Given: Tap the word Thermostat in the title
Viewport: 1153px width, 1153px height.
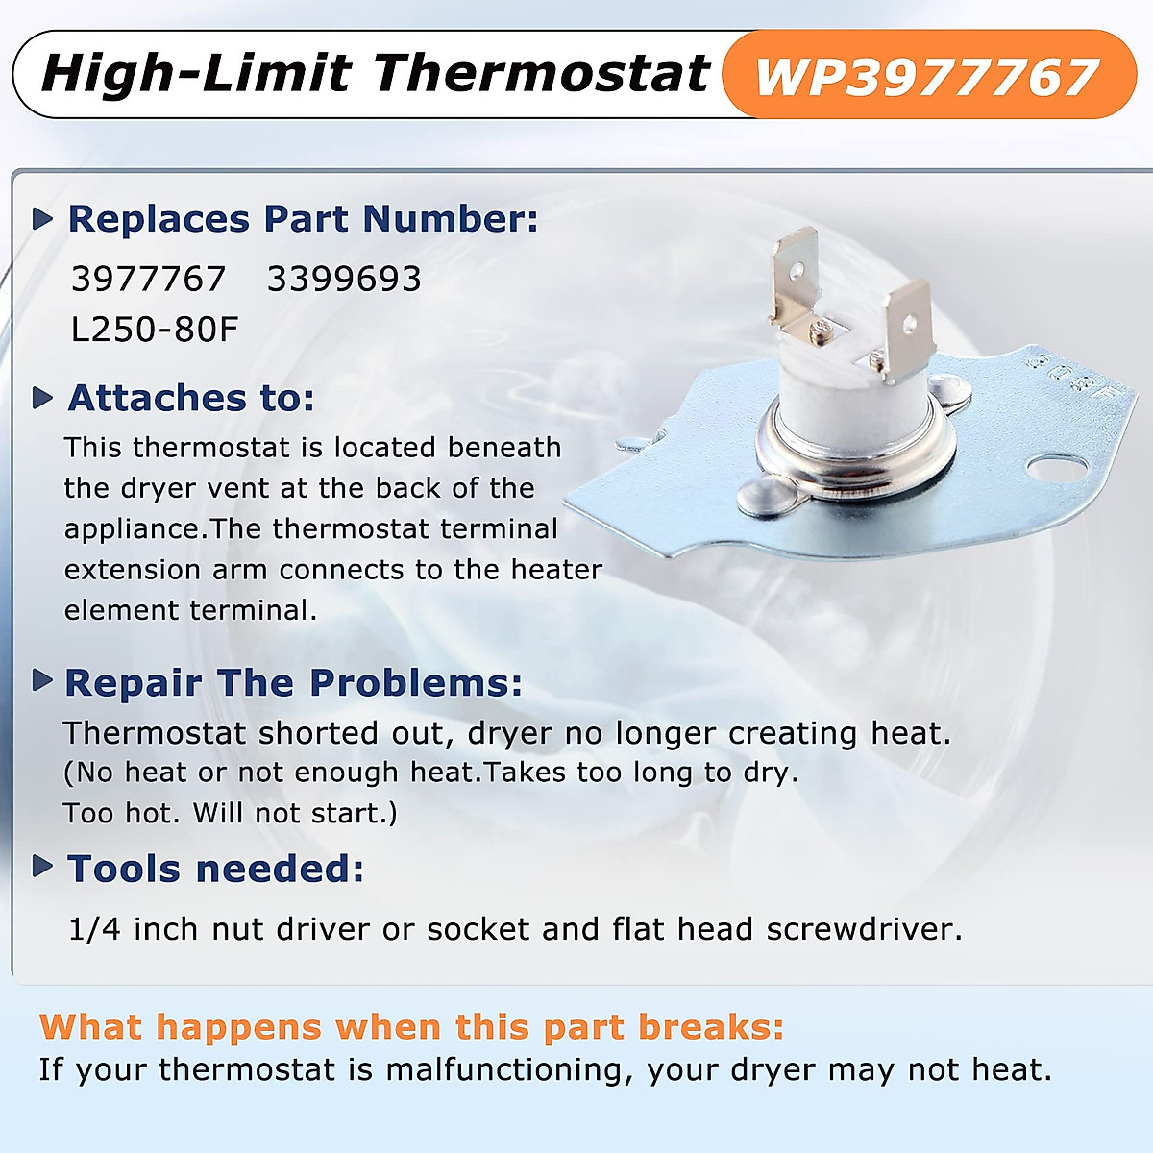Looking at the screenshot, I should [x=542, y=74].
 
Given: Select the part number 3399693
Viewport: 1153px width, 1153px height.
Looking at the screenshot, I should [x=344, y=280].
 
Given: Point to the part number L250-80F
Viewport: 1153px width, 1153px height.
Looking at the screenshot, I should [x=155, y=330].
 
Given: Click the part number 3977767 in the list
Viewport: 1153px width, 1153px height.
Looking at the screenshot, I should [x=148, y=280].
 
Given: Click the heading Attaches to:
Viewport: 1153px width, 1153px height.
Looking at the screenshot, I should [x=191, y=398].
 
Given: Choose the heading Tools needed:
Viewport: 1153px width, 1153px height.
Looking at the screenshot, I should [x=215, y=869].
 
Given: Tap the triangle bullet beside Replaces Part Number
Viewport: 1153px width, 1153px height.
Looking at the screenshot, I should [x=42, y=219].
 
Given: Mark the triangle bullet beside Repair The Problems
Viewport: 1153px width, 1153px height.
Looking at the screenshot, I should [x=42, y=681].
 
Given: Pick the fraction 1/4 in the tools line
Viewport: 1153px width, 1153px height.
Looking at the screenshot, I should [x=94, y=929].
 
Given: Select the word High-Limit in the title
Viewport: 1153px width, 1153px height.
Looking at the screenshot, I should [x=196, y=74].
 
